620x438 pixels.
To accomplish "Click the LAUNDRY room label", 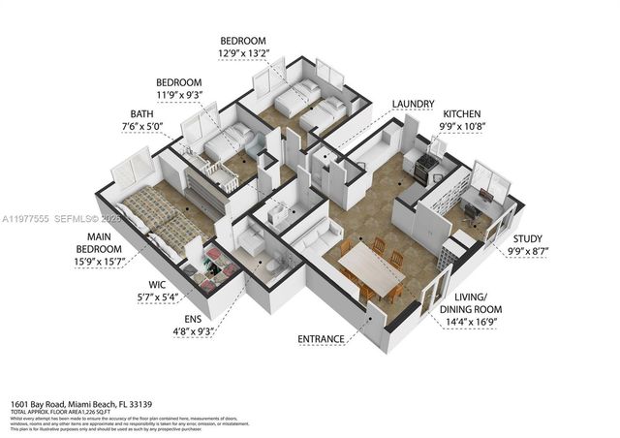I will point(413,104).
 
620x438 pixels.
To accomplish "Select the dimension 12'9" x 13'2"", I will point(247,54).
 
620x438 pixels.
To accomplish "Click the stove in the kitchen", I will point(426,167).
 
